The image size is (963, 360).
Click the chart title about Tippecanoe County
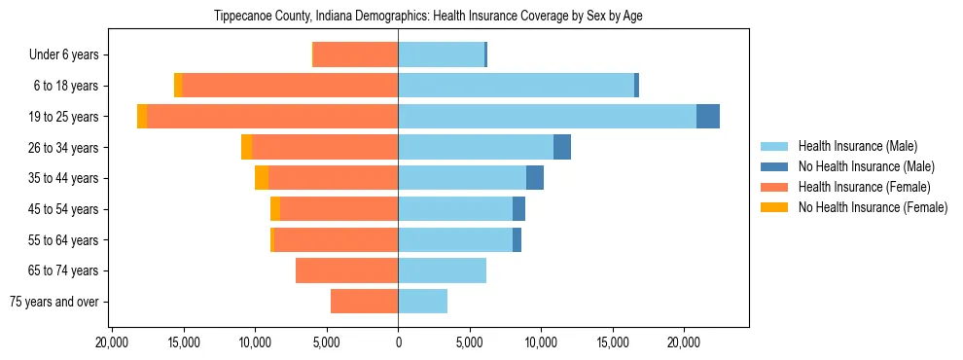(427, 17)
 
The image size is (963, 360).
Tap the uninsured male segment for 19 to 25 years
(708, 117)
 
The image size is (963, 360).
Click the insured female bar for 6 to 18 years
(290, 86)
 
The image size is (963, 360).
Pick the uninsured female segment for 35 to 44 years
(262, 178)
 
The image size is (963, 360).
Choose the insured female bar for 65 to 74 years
(346, 270)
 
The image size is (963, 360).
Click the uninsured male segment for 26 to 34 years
(562, 147)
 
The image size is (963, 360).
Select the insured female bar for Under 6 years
(355, 55)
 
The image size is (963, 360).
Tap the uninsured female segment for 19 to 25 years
(142, 117)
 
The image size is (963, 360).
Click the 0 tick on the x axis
(398, 342)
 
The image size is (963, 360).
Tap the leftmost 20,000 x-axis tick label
(113, 342)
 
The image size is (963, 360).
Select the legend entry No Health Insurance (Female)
(873, 207)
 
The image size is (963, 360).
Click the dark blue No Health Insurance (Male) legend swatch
(775, 166)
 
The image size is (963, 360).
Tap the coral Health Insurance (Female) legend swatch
(775, 187)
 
